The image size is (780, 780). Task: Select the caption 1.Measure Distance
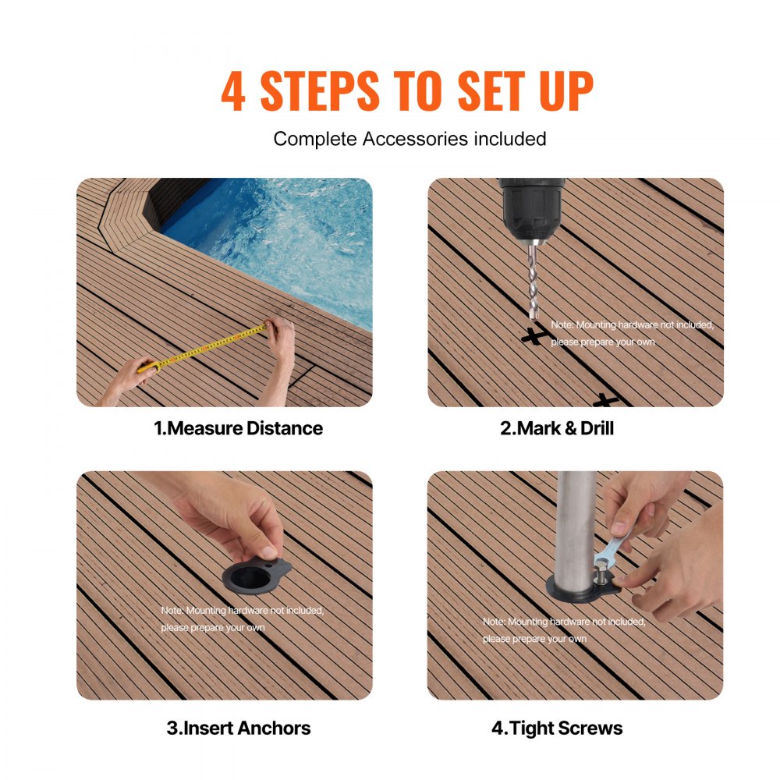pos(237,428)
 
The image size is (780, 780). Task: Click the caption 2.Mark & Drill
pos(556,428)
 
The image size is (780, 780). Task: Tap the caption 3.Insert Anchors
pos(238,729)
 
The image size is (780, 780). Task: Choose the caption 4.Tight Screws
pos(557,729)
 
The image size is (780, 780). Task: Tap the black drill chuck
pos(531,204)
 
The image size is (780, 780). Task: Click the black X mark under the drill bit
pos(533,337)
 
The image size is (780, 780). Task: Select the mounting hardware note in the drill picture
pos(631,333)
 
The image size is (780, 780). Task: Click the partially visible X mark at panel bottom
pos(605,401)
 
